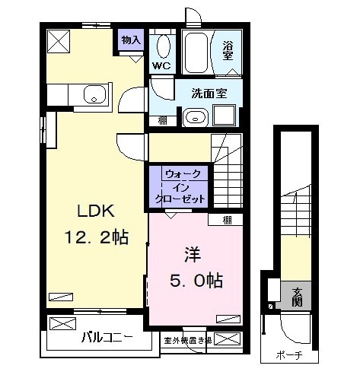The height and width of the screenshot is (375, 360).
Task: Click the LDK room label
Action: click(94, 212)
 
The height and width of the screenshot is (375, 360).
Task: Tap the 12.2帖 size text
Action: click(94, 238)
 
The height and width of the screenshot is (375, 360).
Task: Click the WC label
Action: click(161, 66)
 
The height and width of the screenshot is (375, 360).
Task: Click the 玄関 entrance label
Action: click(296, 294)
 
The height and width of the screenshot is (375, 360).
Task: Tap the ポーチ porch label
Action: click(290, 355)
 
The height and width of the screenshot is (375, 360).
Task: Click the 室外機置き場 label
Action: click(187, 340)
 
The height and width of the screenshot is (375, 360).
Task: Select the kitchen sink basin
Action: click(94, 96)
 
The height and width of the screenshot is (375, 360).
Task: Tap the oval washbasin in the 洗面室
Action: click(194, 117)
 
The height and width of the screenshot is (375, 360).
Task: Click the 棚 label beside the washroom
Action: click(162, 119)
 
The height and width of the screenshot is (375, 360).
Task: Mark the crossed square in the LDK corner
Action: click(57, 40)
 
